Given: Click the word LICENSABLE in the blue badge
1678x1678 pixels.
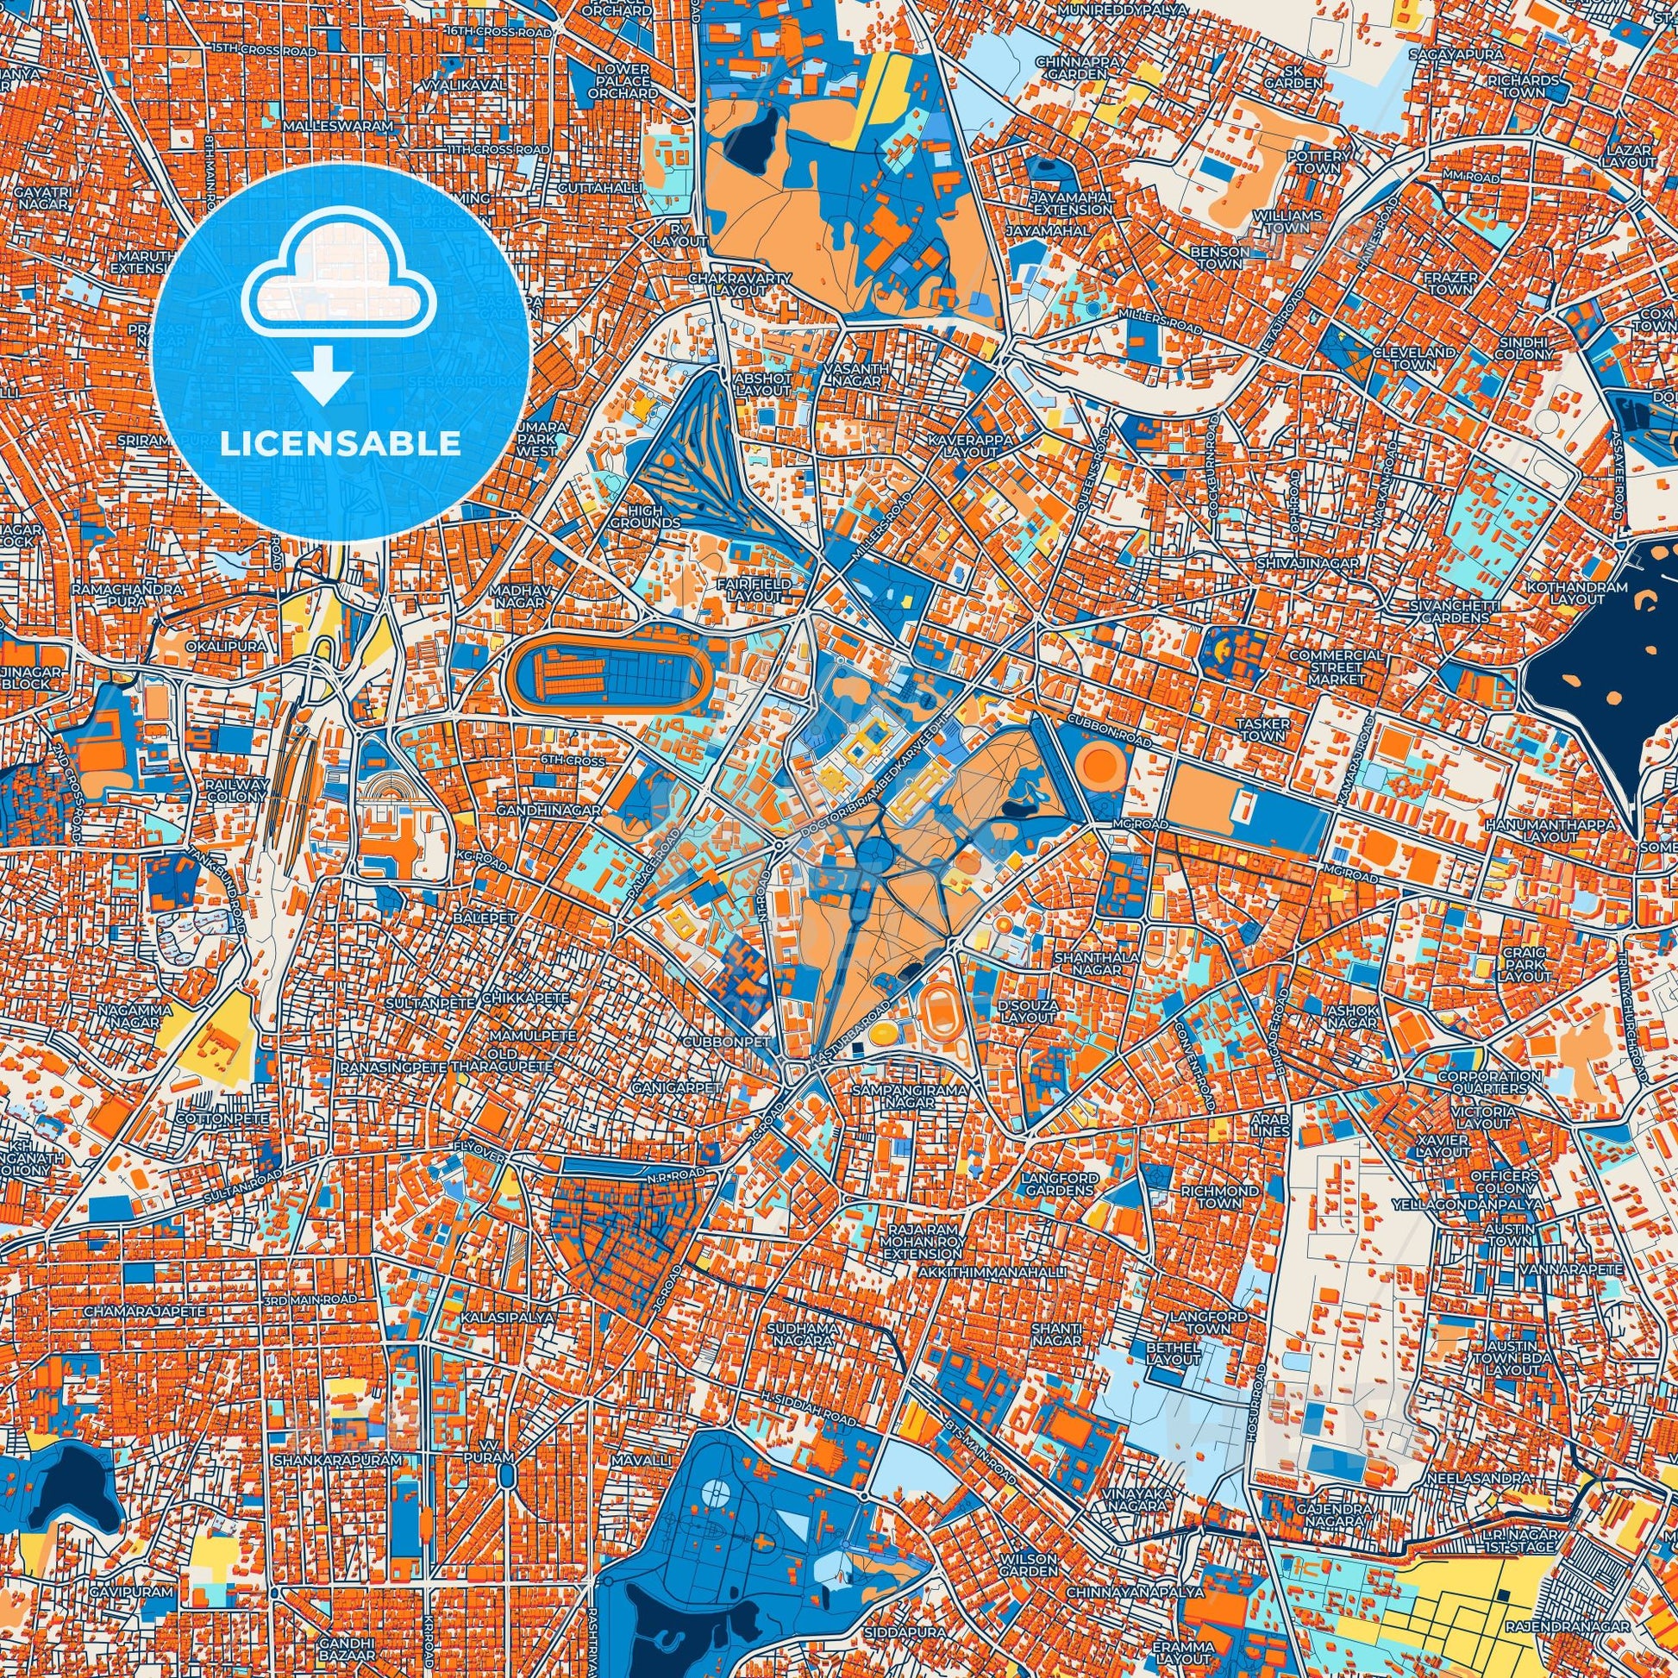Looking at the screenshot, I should pos(341,444).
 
